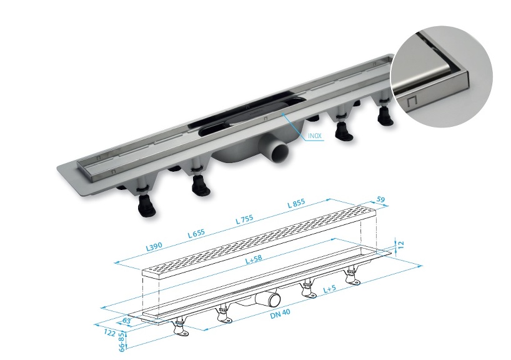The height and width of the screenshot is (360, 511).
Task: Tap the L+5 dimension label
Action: pyautogui.click(x=332, y=289)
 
